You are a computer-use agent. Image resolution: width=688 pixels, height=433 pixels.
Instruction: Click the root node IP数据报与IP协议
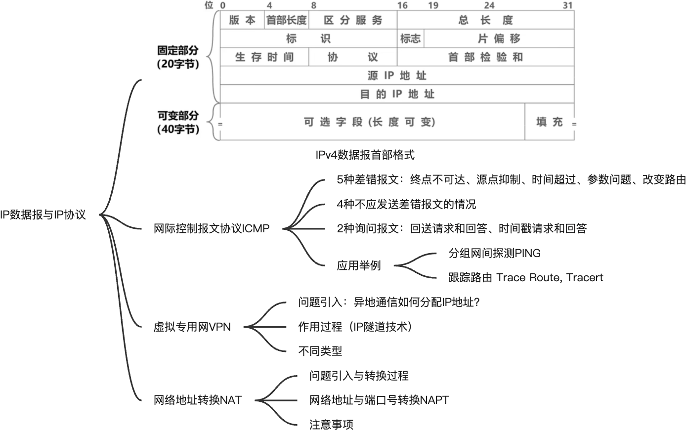tap(43, 215)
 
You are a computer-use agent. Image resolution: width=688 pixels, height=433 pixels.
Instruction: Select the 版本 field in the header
tap(242, 20)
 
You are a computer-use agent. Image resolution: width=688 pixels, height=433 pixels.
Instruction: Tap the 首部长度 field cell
tap(286, 20)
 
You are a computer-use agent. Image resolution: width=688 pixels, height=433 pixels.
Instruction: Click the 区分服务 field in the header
tap(353, 20)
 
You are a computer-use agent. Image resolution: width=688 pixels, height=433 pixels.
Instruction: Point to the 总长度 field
tap(485, 20)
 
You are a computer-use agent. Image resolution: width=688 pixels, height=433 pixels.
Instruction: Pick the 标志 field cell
tap(410, 39)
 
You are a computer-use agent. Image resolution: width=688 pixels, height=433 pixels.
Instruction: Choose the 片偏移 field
tap(499, 39)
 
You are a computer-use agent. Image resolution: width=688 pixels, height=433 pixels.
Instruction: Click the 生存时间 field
tap(264, 57)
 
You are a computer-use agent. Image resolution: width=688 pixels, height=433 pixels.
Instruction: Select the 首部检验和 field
tap(485, 57)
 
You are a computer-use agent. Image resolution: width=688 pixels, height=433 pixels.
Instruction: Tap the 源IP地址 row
tap(397, 76)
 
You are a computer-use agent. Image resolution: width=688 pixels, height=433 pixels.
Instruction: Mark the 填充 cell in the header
tap(549, 122)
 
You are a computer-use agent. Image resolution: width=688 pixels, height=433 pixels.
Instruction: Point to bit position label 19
tap(433, 5)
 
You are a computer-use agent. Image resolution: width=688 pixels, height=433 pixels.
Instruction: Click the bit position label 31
tap(568, 5)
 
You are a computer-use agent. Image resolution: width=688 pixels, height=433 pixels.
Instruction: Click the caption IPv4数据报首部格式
tap(365, 155)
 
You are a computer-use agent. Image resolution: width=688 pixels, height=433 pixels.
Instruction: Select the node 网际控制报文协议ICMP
tap(212, 229)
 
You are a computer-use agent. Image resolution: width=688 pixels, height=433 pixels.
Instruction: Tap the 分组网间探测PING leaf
tap(494, 254)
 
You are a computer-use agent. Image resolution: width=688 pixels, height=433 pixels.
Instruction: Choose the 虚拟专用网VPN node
tap(192, 327)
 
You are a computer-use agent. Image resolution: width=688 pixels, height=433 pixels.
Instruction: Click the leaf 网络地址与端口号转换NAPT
tap(379, 400)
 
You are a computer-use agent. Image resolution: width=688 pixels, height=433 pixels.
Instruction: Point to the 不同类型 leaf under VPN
tap(320, 351)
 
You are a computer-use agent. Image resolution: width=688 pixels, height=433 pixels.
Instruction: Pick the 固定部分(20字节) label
tap(178, 57)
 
